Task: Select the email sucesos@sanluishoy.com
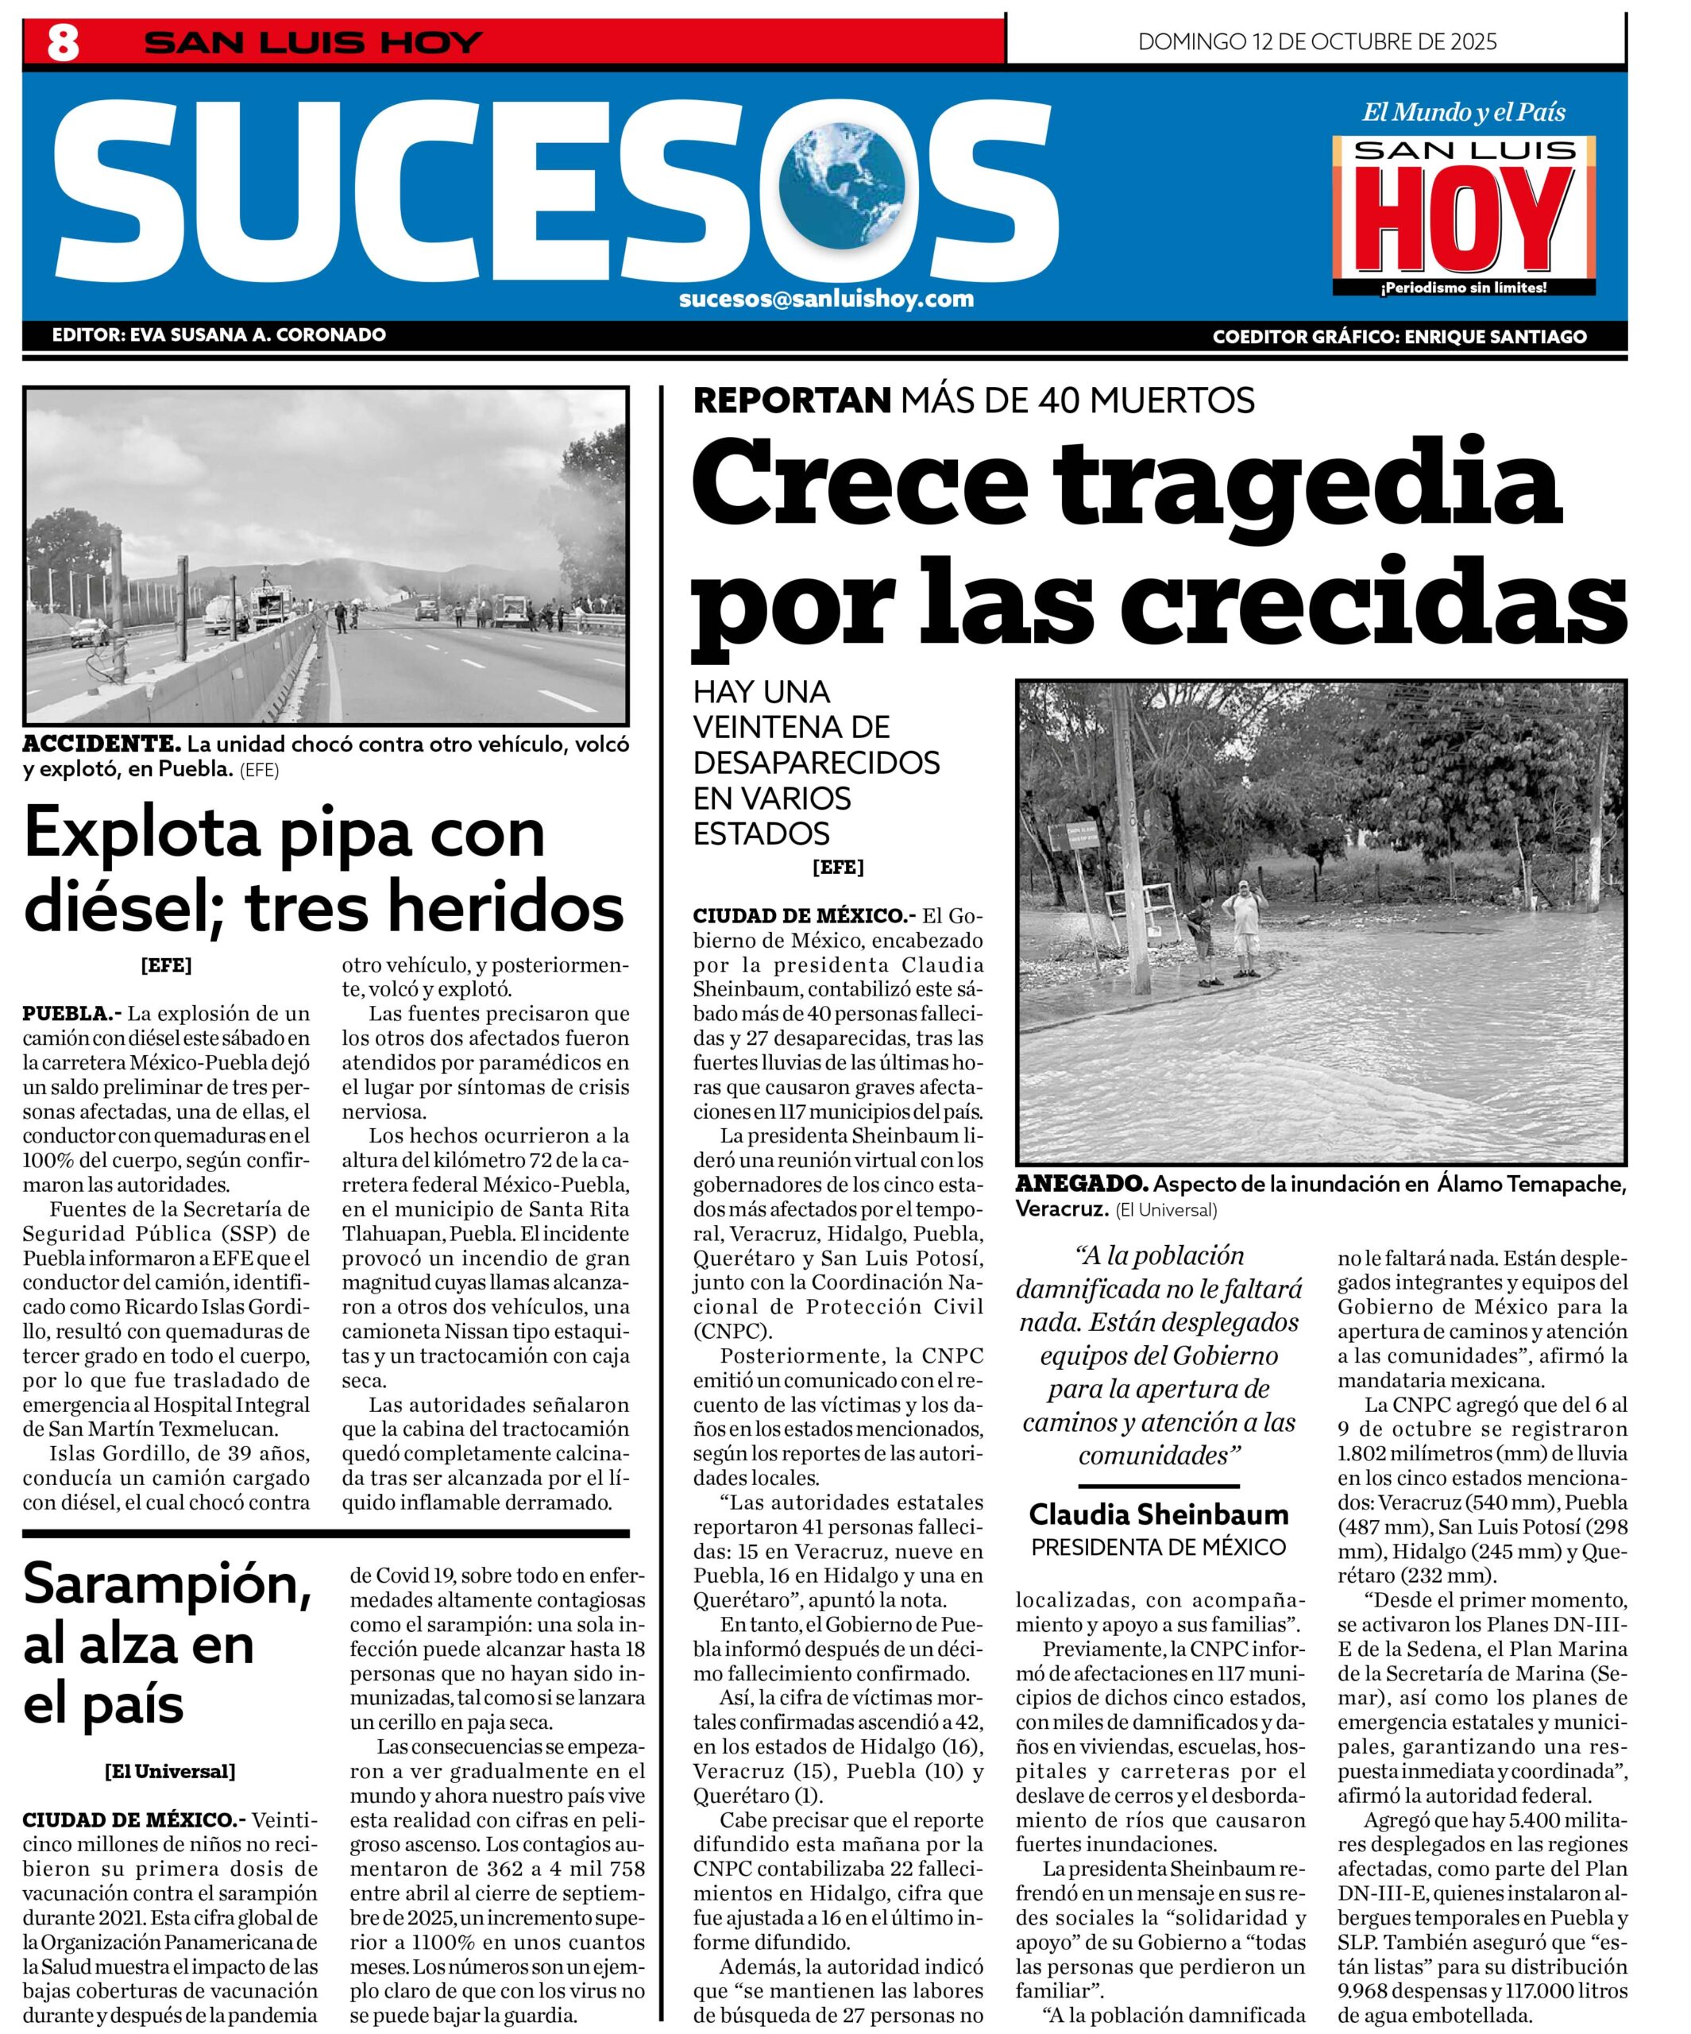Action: [x=826, y=298]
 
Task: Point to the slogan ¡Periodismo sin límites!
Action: [x=1463, y=288]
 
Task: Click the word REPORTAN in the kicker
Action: [x=791, y=399]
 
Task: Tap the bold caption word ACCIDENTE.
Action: [x=102, y=744]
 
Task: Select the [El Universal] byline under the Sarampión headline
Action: [x=169, y=1772]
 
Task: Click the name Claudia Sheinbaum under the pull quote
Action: [x=1158, y=1513]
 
